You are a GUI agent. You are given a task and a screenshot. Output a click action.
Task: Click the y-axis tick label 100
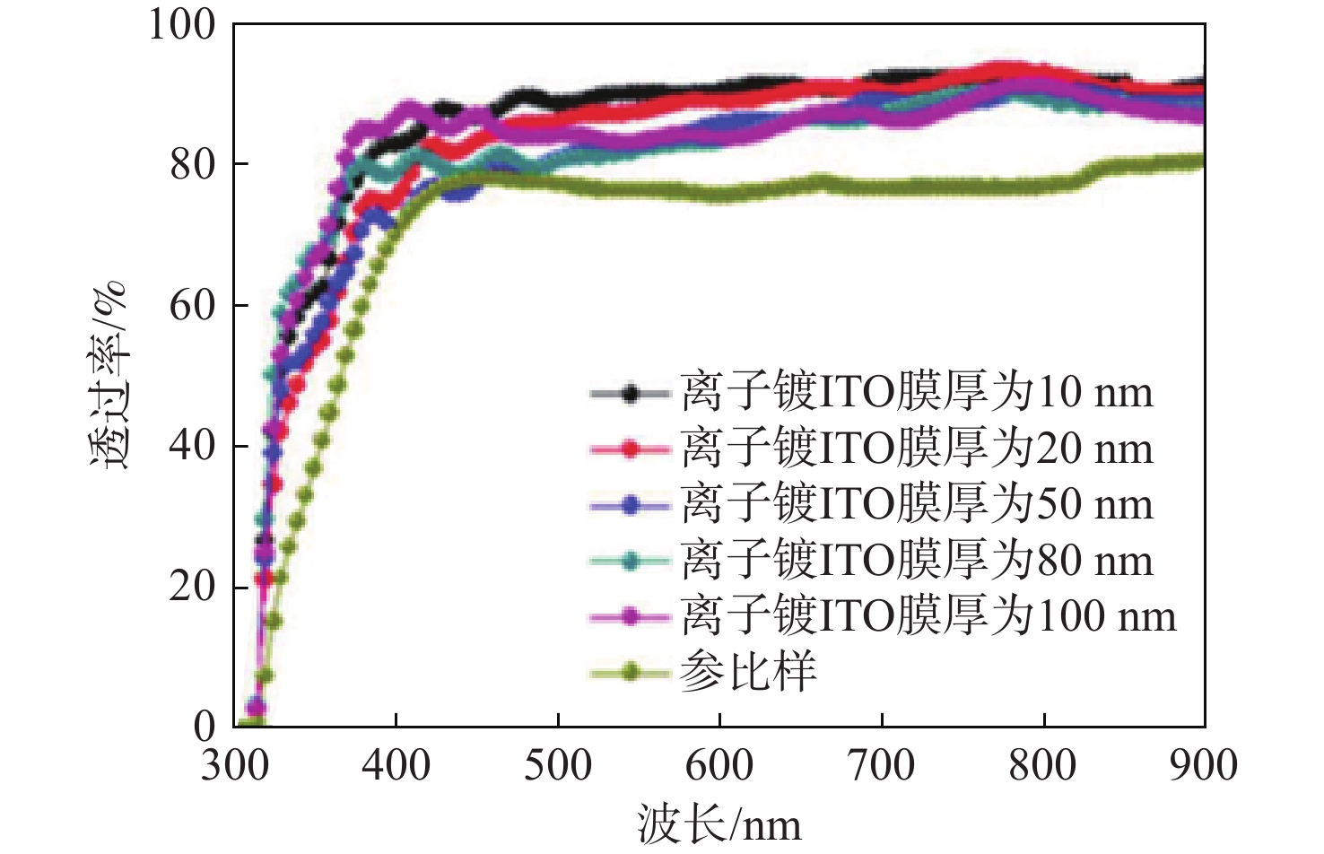(182, 24)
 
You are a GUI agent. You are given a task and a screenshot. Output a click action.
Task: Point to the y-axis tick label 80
(193, 164)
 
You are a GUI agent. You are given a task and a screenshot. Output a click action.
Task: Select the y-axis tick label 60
(193, 305)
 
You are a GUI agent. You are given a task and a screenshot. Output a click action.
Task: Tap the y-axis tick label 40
(193, 446)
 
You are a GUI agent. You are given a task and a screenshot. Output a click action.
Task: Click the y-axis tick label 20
(193, 587)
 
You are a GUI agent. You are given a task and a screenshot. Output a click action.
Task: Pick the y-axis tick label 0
(205, 727)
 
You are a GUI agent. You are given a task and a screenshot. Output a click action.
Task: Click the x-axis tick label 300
(235, 765)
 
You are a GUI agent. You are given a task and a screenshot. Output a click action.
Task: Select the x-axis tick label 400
(396, 765)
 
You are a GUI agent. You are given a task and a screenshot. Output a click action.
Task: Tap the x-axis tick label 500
(558, 765)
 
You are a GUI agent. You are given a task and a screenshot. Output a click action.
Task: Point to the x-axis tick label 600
(719, 765)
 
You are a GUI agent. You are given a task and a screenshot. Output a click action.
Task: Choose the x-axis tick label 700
(881, 765)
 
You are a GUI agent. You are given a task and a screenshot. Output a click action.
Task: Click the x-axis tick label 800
(1042, 765)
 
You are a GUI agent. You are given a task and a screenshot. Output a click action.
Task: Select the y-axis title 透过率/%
(110, 375)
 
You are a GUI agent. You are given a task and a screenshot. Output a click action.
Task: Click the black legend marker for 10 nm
(631, 393)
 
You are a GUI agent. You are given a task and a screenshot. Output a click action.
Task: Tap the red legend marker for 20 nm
(631, 449)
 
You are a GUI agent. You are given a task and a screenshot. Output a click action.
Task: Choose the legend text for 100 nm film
(928, 615)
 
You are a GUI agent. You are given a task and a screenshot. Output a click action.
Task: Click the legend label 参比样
(748, 671)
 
